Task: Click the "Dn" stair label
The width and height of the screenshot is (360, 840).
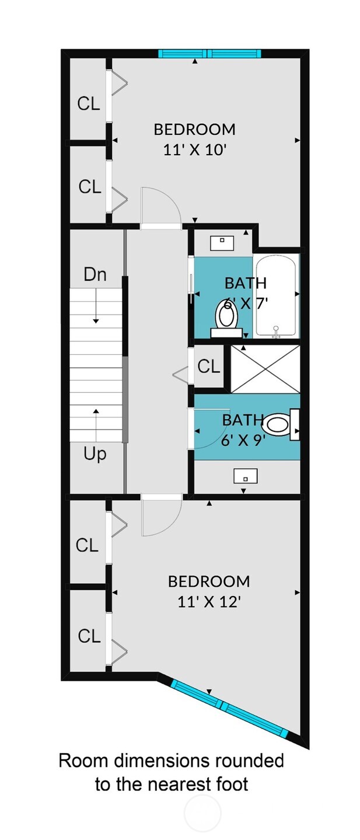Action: point(95,274)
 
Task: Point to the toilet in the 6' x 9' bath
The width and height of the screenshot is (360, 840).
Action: point(281,424)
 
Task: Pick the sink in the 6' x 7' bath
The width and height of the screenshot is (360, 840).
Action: point(222,243)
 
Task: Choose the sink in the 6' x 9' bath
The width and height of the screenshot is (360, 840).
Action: point(245,476)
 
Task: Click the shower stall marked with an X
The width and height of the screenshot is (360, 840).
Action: point(265,369)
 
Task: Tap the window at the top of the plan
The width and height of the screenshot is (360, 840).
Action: point(209,53)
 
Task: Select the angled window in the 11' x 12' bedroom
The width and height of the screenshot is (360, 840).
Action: point(229,706)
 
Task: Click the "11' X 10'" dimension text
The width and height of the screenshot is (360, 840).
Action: point(195,150)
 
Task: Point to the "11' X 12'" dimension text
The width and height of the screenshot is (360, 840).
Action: point(209,602)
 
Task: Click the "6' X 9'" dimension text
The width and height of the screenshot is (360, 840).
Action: point(240,440)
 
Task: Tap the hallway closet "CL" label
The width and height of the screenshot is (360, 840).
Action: point(208,367)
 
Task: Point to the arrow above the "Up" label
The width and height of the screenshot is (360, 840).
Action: point(96,425)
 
